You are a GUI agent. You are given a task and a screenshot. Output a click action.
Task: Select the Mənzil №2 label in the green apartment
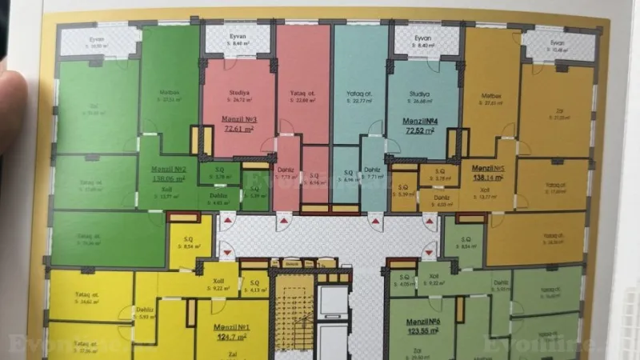[170, 169]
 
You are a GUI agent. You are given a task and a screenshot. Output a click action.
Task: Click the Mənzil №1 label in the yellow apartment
[233, 328]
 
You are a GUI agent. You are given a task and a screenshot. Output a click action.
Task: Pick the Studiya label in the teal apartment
[420, 94]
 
